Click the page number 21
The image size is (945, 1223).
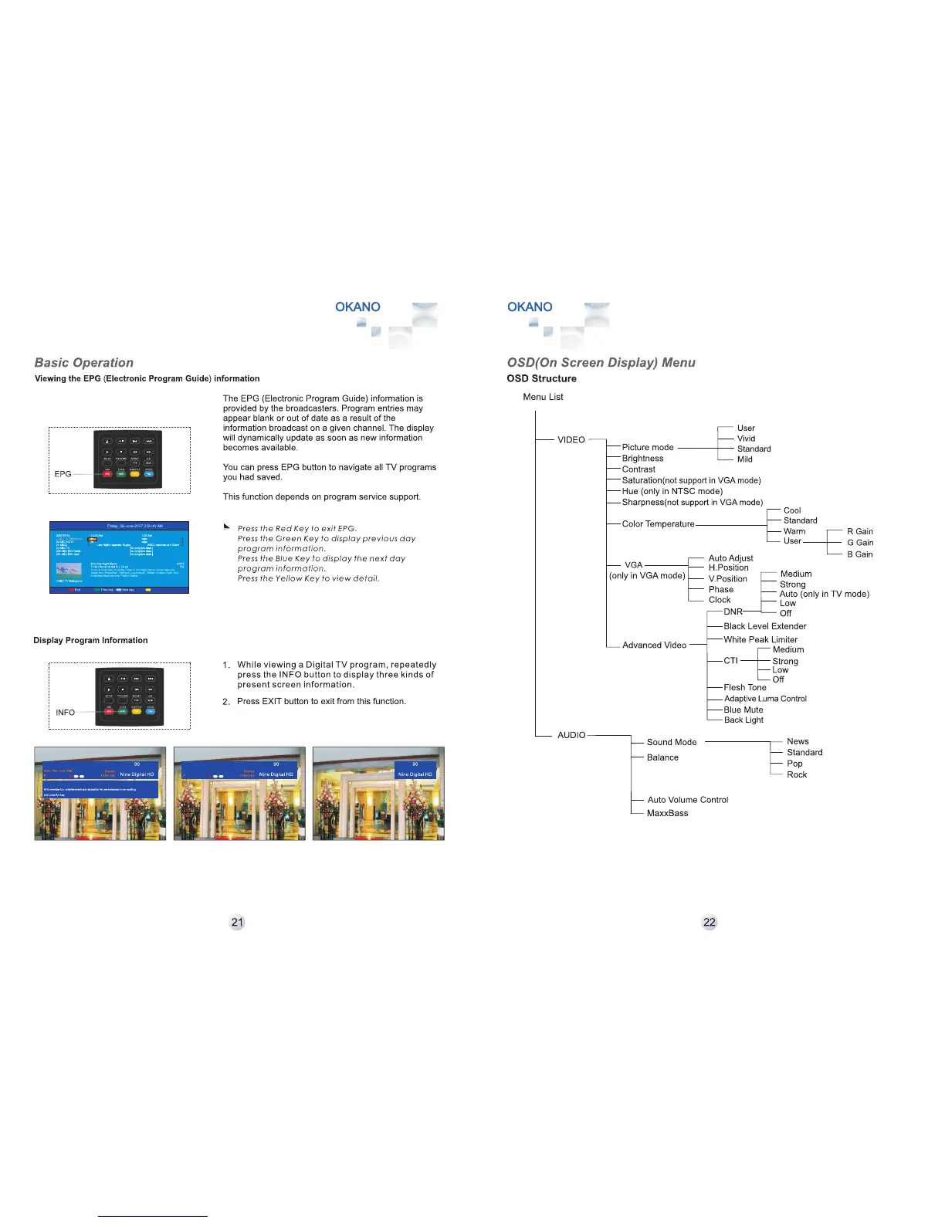click(x=237, y=922)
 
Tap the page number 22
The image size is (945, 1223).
click(x=709, y=922)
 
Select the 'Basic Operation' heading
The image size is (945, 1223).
click(x=84, y=363)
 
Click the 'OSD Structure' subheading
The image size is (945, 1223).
click(x=541, y=378)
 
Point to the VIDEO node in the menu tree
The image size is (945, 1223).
click(x=571, y=439)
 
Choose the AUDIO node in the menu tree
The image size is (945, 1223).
click(x=571, y=735)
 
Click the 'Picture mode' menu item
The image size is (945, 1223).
click(x=648, y=447)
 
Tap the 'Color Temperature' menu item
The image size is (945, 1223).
click(x=658, y=523)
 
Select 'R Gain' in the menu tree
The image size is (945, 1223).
click(x=860, y=531)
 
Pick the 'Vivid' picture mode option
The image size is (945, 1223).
click(x=746, y=439)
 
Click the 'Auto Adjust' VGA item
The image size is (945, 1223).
click(x=730, y=558)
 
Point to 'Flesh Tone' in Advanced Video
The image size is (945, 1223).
click(x=745, y=687)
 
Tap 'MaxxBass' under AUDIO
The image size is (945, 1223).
click(x=667, y=813)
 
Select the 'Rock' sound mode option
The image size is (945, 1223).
click(x=797, y=774)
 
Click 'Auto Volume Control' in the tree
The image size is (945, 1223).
click(x=687, y=800)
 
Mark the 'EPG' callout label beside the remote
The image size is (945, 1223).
click(x=63, y=474)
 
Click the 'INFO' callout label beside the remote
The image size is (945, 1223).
click(x=65, y=713)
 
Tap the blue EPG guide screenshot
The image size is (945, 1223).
click(x=119, y=557)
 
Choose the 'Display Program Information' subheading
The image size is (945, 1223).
click(x=90, y=640)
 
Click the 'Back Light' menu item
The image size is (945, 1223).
click(x=743, y=720)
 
